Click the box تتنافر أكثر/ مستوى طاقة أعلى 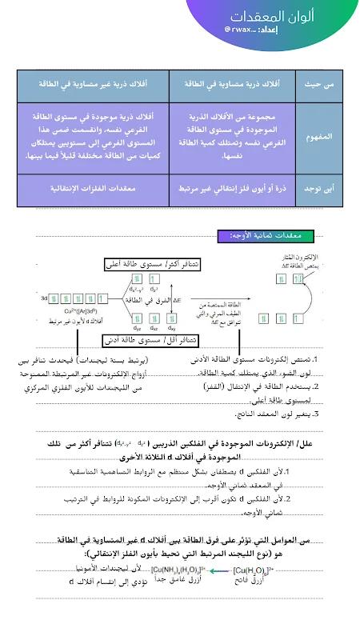coord(152,263)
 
